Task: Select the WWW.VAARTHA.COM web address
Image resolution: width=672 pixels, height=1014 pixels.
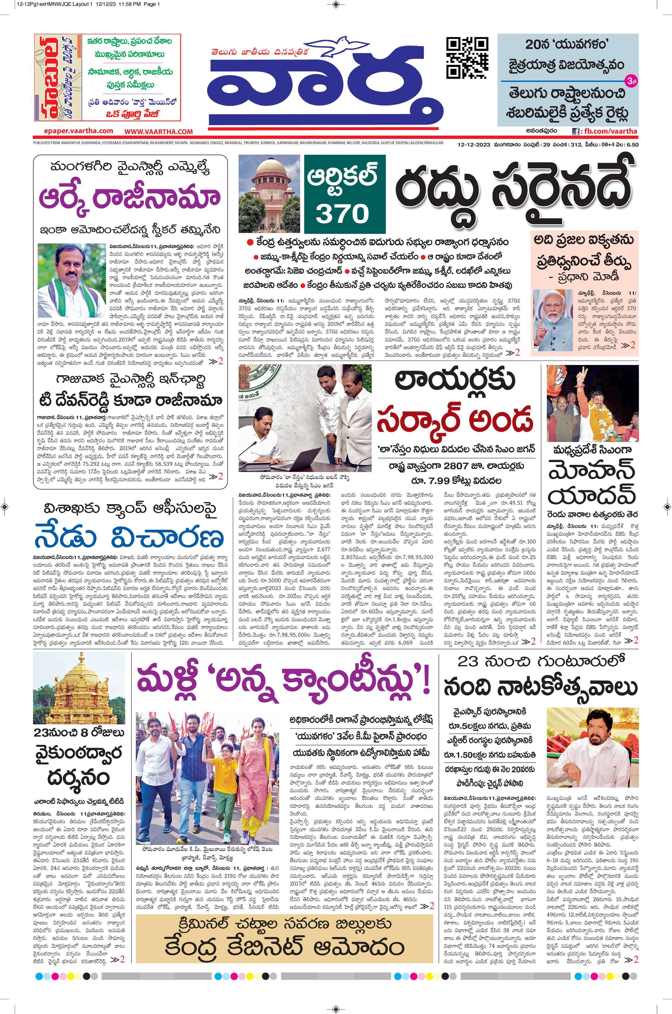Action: pos(159,132)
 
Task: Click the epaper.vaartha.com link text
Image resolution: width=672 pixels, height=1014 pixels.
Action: pos(78,131)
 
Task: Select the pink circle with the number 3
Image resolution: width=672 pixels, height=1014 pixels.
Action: pos(631,80)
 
